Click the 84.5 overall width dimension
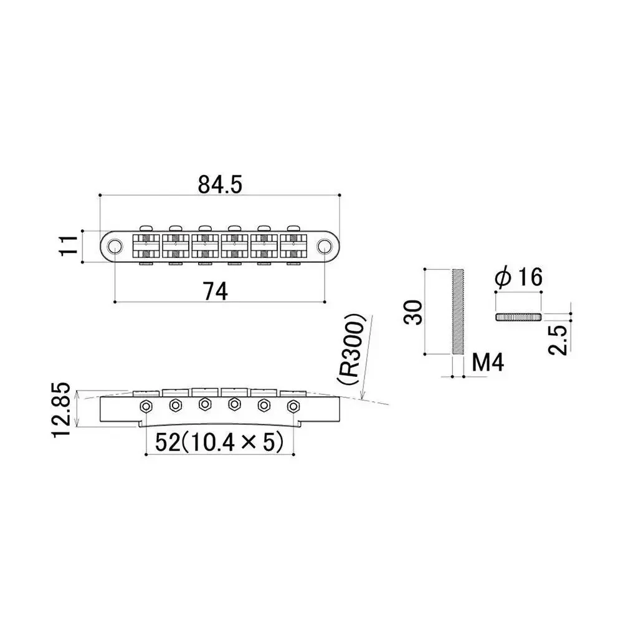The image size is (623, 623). point(220,185)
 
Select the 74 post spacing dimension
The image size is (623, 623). point(216,291)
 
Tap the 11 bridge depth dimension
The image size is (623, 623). point(69,245)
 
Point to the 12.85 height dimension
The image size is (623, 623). point(62,410)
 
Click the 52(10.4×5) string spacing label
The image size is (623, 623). point(219,442)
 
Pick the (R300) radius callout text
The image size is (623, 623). point(350,350)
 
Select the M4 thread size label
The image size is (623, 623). point(488,363)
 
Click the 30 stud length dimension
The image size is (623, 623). point(413,312)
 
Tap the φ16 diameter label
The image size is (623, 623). point(518,277)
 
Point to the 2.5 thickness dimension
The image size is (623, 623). point(558,340)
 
